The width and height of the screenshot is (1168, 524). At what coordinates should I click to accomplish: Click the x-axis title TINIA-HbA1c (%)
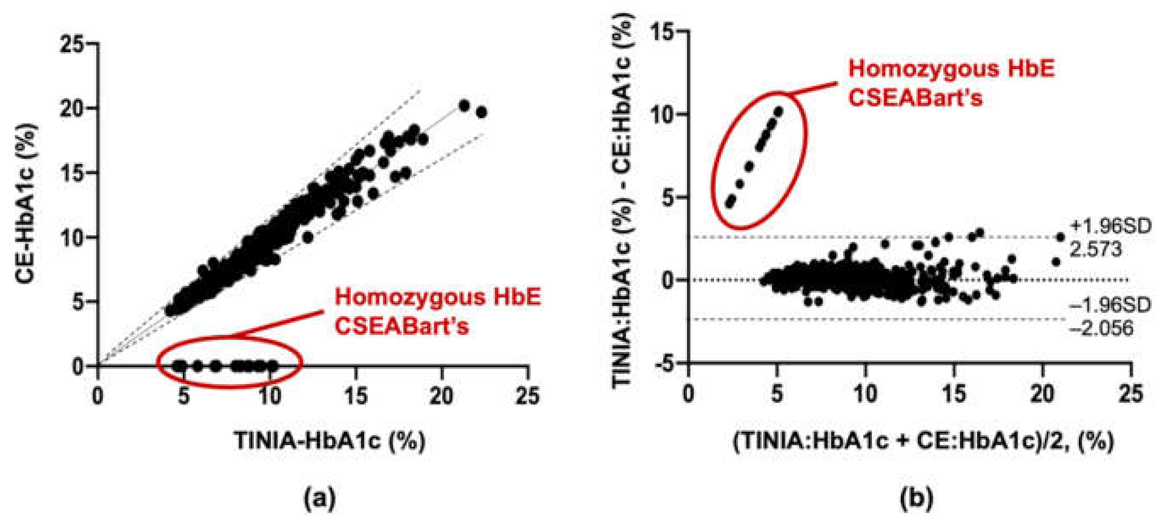330,440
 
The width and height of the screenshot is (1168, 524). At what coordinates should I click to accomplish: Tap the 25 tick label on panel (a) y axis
71,44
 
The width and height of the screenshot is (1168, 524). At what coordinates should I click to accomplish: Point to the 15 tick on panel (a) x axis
356,396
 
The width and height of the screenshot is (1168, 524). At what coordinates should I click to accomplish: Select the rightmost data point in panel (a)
482,112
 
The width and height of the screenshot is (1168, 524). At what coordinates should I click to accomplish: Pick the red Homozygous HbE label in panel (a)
437,297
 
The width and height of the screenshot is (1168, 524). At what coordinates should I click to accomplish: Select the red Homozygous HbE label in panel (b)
951,68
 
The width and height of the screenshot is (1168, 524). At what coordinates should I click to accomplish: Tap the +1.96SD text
1110,226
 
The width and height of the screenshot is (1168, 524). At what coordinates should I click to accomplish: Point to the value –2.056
1101,328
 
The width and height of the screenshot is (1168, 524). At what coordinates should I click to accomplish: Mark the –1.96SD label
1110,305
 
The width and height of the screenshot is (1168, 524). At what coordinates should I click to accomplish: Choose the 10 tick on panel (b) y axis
662,114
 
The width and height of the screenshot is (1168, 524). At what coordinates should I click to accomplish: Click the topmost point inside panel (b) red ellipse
778,111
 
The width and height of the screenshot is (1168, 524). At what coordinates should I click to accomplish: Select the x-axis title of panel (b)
923,440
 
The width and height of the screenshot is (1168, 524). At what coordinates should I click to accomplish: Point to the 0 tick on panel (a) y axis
78,366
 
